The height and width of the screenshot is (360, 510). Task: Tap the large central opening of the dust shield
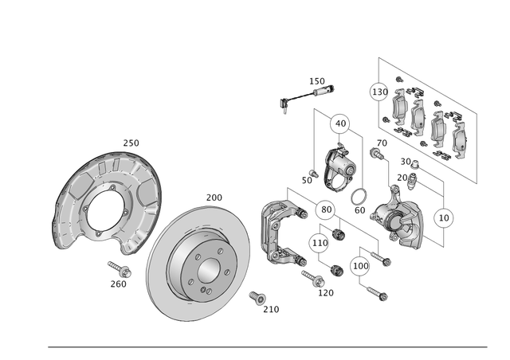pos(105,209)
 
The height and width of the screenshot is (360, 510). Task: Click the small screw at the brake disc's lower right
pos(257,298)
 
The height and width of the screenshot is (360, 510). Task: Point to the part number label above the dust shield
pos(131,143)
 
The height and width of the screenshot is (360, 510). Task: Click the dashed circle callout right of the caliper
pos(444,216)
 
